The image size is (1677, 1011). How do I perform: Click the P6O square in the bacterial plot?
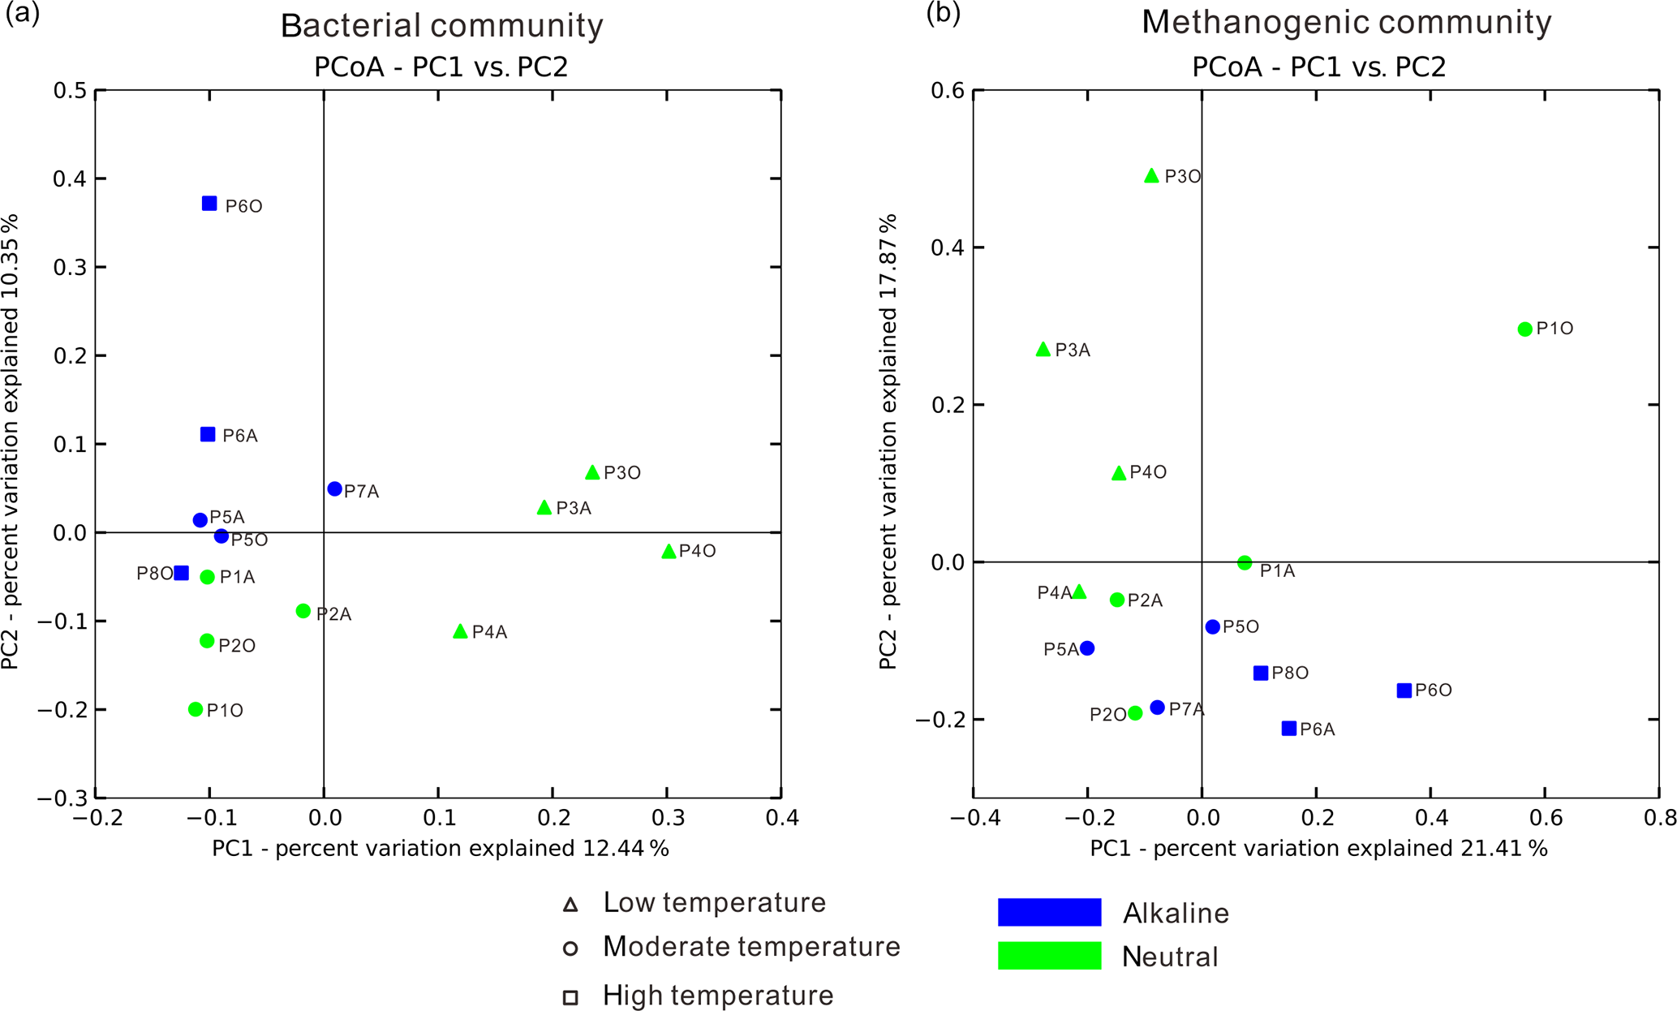(x=209, y=204)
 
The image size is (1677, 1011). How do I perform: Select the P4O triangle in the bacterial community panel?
(x=669, y=552)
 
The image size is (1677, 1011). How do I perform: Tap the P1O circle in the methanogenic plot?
(x=1524, y=329)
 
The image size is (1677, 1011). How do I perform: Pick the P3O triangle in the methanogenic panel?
(x=1151, y=176)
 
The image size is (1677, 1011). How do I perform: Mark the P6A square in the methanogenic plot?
(x=1288, y=729)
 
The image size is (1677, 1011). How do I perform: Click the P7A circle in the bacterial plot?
(x=334, y=489)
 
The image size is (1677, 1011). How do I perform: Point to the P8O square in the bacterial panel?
(x=182, y=574)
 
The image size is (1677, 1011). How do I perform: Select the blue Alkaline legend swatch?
(x=1049, y=912)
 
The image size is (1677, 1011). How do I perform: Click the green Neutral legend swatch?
(x=1049, y=956)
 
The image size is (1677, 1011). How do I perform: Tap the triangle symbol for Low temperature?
(x=570, y=905)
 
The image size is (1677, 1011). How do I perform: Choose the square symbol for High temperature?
(x=570, y=997)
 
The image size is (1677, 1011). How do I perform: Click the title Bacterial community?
(x=441, y=26)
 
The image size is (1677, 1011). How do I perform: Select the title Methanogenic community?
(x=1346, y=23)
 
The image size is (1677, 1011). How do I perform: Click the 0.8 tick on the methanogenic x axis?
(x=1660, y=817)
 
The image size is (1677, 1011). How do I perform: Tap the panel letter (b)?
(x=943, y=14)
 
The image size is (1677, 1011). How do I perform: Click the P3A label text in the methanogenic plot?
(x=1073, y=351)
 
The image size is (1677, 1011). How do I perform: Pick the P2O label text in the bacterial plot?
(x=237, y=646)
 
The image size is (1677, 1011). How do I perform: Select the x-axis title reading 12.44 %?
(x=441, y=849)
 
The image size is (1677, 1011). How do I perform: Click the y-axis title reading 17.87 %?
(x=888, y=441)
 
